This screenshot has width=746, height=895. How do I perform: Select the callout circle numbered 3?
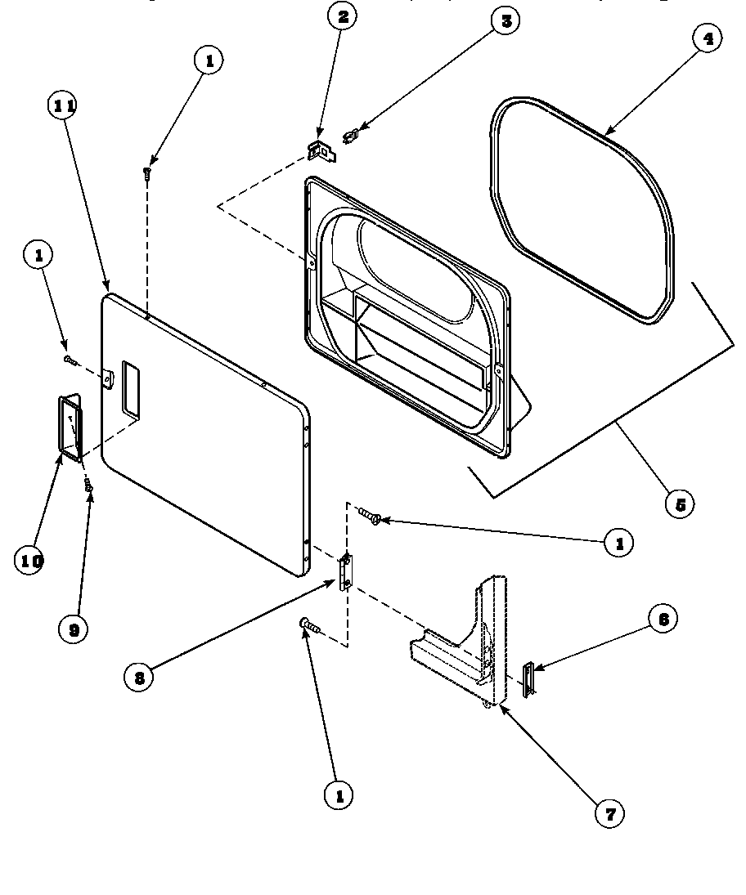coord(506,21)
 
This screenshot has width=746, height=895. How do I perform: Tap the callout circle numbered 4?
coord(706,38)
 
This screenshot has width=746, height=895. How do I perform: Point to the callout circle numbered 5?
coord(679,503)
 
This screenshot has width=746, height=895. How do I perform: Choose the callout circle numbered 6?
coord(663,620)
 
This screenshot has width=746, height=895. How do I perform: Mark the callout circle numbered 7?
coord(609,812)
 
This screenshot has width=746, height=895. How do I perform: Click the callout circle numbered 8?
coord(140,676)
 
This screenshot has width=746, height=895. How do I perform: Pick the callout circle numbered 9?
coord(74,629)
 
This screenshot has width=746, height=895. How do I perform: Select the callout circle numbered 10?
coord(30,560)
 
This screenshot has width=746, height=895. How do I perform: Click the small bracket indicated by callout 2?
coord(320,150)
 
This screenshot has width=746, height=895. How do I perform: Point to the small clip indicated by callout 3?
coord(352,134)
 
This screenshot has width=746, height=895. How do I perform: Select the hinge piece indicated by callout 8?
coord(345,571)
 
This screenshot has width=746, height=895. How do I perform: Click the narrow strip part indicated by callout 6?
coord(528,679)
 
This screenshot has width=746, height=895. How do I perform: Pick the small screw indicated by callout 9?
coord(88,486)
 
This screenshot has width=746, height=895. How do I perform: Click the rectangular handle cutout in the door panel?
coord(129,387)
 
